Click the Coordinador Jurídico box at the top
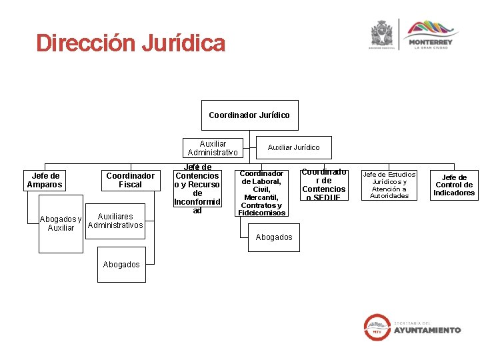[249, 115]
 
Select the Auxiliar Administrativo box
[213, 148]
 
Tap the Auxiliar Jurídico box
[293, 147]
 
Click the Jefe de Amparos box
[45, 180]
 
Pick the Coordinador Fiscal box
[130, 180]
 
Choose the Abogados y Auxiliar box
[61, 223]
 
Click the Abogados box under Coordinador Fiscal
[121, 265]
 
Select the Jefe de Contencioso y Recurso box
[197, 189]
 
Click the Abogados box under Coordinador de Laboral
[274, 237]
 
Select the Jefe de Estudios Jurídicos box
[389, 185]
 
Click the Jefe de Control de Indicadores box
[454, 185]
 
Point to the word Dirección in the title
[84, 44]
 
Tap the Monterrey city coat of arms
[382, 34]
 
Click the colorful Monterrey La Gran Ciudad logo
[430, 34]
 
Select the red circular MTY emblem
[377, 326]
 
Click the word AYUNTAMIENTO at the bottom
[427, 330]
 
